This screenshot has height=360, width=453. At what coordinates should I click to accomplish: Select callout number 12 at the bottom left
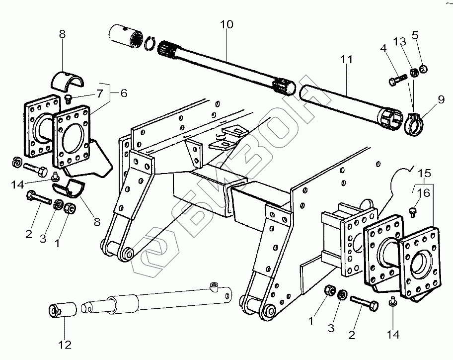[66, 344]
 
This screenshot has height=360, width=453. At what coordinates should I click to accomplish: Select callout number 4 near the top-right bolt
[383, 49]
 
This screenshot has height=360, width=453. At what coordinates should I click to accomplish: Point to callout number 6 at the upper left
[124, 93]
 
